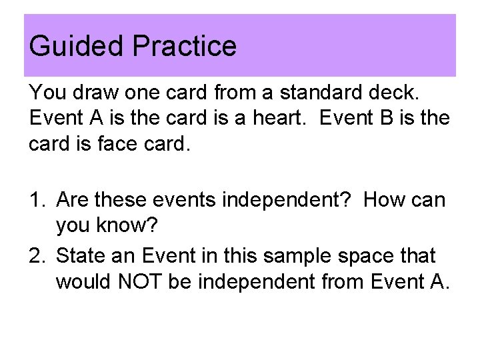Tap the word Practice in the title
coord(185,47)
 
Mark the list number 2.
coord(37,255)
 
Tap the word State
coord(83,255)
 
